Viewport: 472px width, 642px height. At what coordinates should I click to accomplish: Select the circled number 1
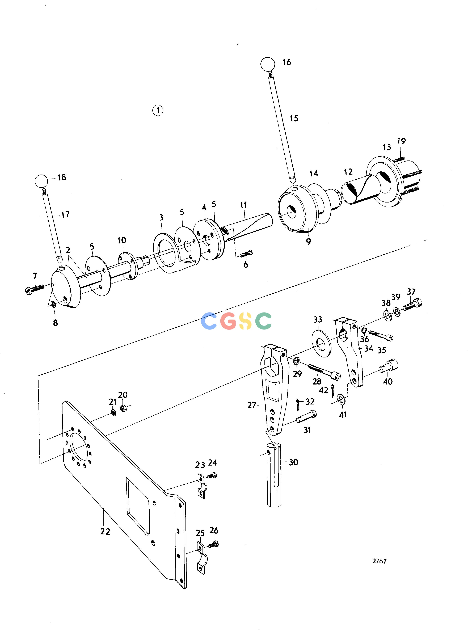(158, 110)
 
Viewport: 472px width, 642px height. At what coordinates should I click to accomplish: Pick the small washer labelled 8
(53, 304)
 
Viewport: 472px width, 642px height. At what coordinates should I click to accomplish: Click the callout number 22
(105, 531)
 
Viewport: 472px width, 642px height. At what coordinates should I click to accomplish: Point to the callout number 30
(293, 462)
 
